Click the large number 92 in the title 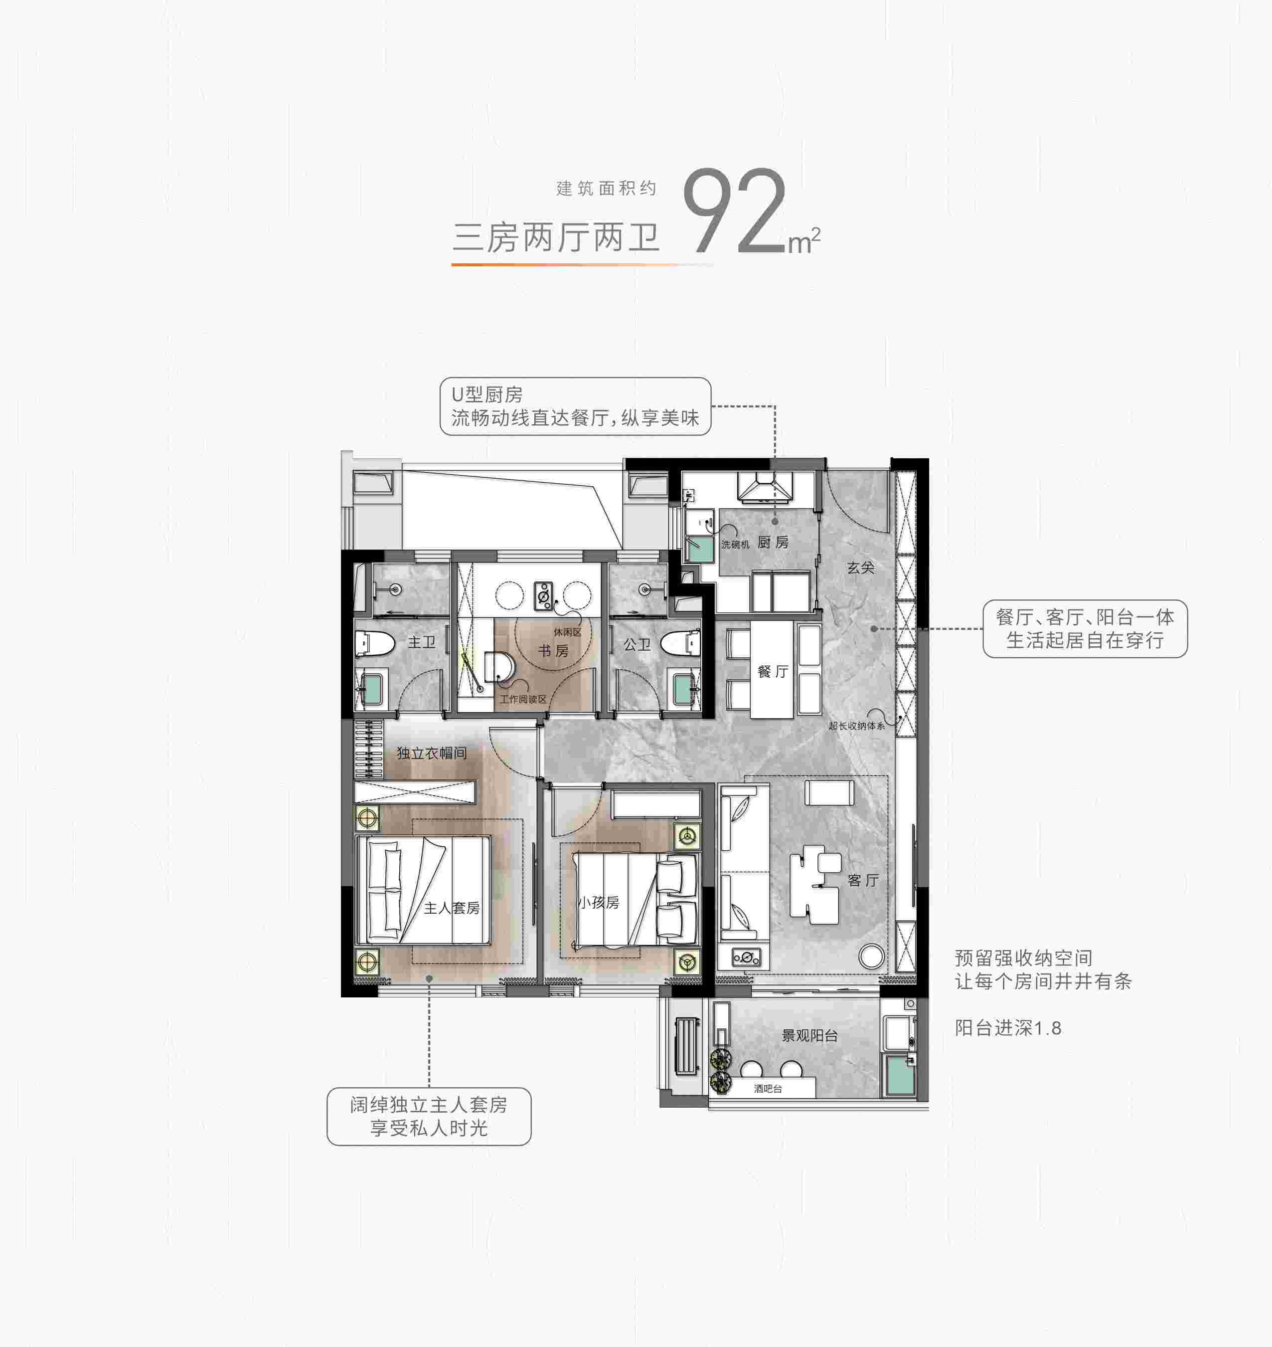click(735, 211)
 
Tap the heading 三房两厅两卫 click(556, 237)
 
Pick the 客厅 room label click(863, 880)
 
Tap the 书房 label click(553, 651)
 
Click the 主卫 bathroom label click(422, 642)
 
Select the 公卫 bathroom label click(637, 644)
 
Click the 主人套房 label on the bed click(452, 908)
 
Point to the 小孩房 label click(599, 902)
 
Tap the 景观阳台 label click(809, 1036)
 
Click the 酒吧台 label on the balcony click(768, 1089)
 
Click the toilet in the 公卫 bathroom click(681, 642)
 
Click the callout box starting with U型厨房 click(575, 406)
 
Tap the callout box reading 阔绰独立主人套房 click(429, 1117)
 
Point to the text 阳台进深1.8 click(1008, 1028)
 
